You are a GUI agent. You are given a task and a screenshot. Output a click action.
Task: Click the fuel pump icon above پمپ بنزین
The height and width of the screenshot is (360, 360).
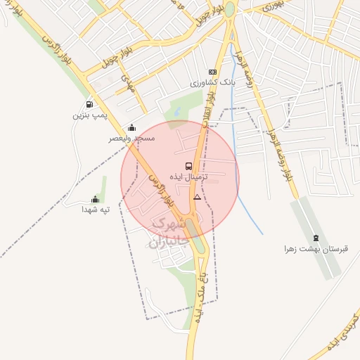[x=88, y=105]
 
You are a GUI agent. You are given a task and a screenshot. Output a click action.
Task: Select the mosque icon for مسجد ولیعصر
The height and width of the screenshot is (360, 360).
[x=131, y=128]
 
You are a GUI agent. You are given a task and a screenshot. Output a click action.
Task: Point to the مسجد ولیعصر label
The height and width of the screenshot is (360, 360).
[x=131, y=139]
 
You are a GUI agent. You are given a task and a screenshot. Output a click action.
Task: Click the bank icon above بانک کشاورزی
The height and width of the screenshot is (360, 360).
[x=212, y=72]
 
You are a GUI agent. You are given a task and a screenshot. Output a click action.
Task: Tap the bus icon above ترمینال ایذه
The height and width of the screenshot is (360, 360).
[x=188, y=167]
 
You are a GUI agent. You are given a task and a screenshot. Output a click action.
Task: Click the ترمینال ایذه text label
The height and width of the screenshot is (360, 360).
[x=187, y=177]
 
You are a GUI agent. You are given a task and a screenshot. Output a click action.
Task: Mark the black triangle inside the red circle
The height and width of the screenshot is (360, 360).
[x=197, y=198]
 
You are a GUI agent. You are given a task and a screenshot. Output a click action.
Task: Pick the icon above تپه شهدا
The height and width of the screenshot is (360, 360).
[x=96, y=200]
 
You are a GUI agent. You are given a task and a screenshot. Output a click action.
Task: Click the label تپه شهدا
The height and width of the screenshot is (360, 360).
[x=97, y=210]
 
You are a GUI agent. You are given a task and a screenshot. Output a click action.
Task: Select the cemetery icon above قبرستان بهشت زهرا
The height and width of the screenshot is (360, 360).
[x=316, y=238]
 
